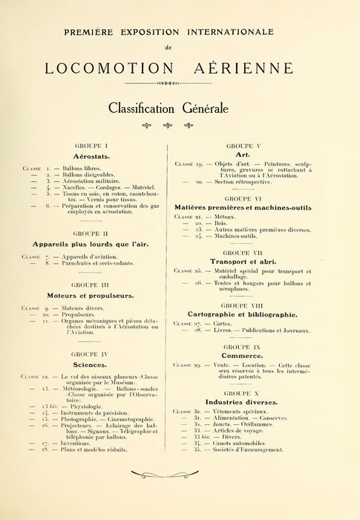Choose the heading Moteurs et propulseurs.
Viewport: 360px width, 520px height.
pos(98,294)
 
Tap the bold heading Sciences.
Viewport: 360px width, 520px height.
pos(98,365)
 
